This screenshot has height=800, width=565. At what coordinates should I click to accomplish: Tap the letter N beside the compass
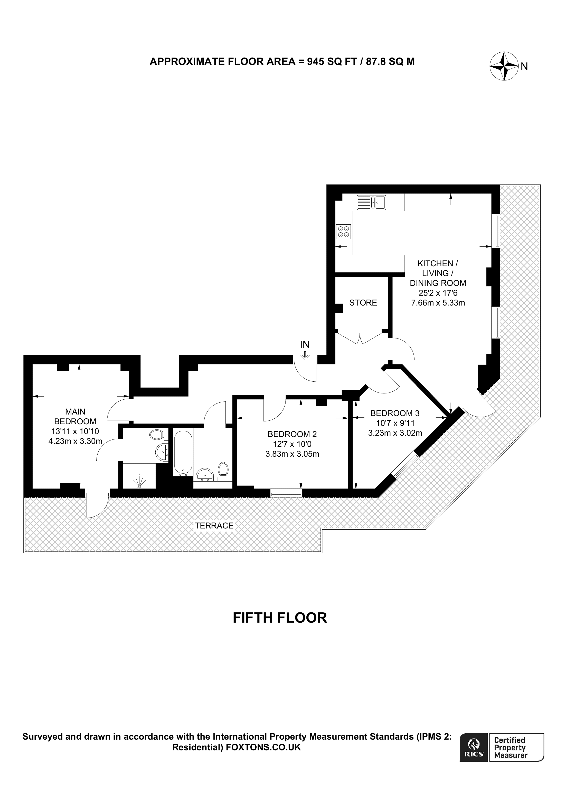click(x=524, y=67)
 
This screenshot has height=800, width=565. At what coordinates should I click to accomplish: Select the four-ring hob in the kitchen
click(x=343, y=232)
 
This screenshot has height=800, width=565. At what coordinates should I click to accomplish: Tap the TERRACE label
click(x=214, y=526)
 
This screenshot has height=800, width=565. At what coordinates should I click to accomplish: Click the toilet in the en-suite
click(x=157, y=435)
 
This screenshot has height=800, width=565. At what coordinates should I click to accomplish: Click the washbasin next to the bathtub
click(x=205, y=474)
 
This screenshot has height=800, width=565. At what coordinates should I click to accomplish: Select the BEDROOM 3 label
click(x=395, y=413)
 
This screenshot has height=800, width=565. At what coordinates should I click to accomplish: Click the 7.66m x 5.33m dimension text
click(x=438, y=303)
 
